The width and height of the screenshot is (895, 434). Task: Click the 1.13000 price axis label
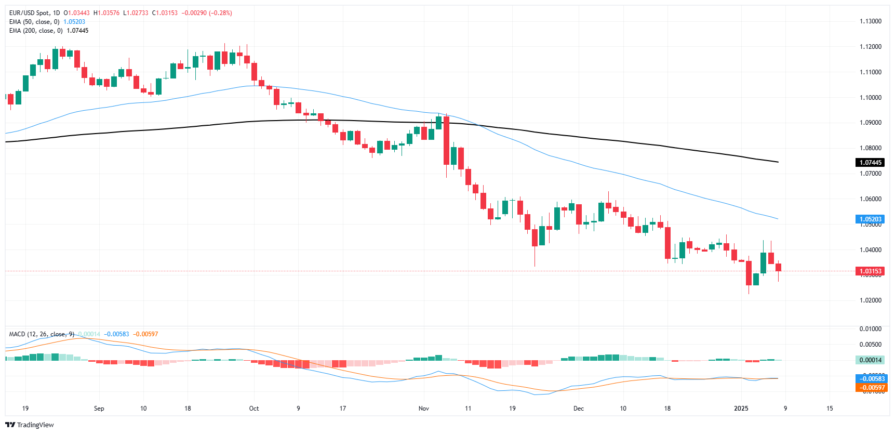coord(870,21)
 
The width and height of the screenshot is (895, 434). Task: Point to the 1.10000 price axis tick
coord(870,98)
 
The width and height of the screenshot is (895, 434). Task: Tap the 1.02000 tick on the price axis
coord(870,300)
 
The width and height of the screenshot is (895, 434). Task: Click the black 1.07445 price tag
coord(870,163)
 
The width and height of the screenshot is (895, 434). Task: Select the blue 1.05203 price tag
coord(870,219)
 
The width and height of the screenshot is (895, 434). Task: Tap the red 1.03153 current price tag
coord(870,271)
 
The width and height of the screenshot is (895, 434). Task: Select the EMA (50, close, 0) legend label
coord(34,22)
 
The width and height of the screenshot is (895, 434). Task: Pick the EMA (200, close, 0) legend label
coord(36,31)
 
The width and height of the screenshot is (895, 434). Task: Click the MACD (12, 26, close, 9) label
coord(42,334)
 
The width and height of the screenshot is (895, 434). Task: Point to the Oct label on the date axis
coord(254,409)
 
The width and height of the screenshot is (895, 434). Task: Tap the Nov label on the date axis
coord(424,409)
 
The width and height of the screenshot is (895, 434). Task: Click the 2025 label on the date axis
coord(741,409)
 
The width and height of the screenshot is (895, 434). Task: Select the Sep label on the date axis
coord(99,409)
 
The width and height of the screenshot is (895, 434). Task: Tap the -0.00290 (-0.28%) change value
coord(207,13)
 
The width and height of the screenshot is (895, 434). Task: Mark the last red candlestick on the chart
coord(778,267)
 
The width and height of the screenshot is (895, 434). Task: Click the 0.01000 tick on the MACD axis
coord(870,329)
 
